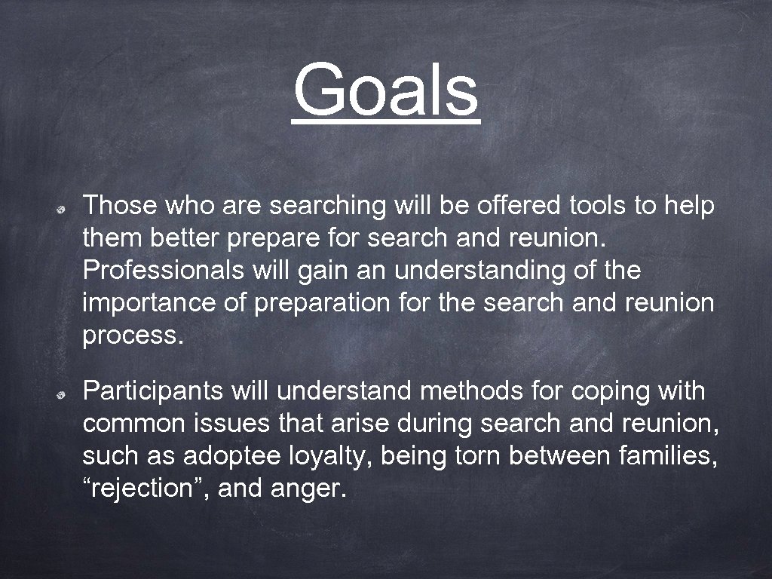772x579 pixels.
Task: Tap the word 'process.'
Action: click(x=133, y=336)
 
